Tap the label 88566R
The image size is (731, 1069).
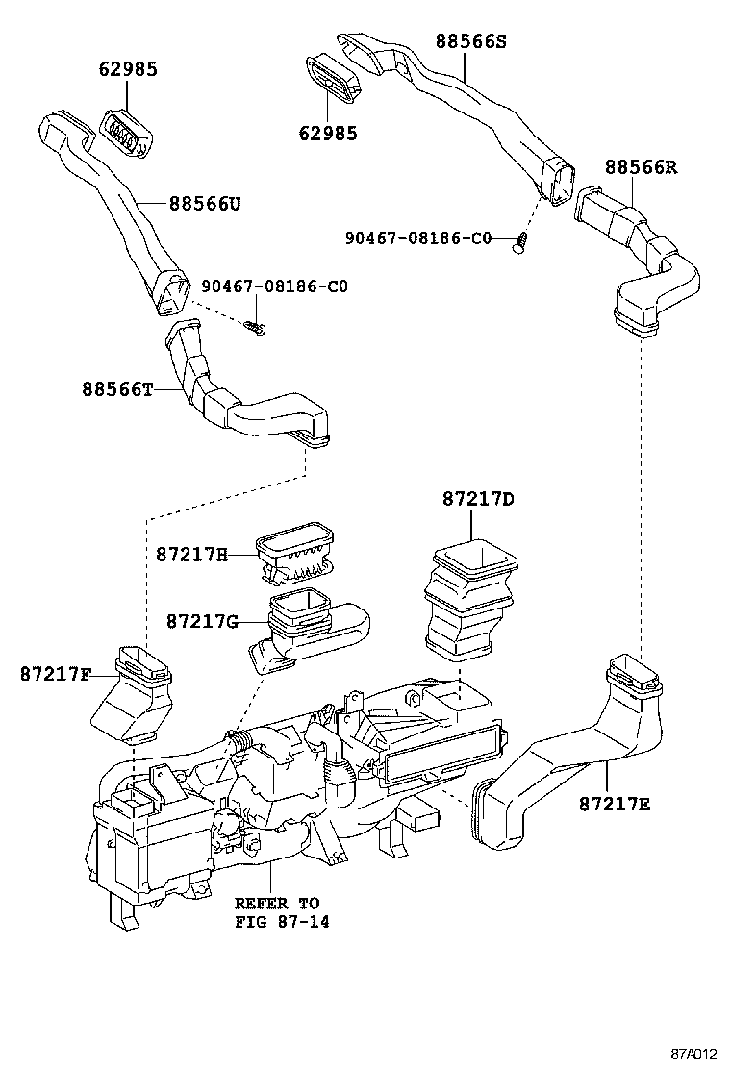[x=641, y=167]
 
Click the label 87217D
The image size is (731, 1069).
[x=478, y=499]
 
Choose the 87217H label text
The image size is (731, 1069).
[x=191, y=555]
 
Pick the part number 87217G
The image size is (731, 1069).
[x=201, y=621]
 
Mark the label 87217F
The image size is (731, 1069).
[x=55, y=674]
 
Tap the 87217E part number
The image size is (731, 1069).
[x=615, y=803]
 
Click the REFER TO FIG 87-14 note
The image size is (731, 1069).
[x=277, y=913]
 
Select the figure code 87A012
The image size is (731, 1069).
[x=694, y=1052]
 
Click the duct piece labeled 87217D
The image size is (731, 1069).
[x=470, y=601]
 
